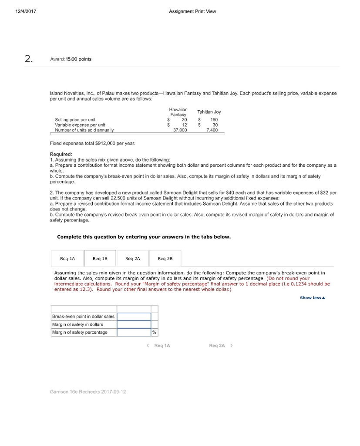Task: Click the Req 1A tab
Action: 67,258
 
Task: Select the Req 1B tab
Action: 100,258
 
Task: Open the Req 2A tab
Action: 132,258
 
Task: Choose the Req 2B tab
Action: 165,258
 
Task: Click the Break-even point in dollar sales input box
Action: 134,317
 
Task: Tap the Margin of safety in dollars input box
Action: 134,324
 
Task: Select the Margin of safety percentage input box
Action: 134,332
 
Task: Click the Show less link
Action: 312,298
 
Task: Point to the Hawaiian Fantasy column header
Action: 178,111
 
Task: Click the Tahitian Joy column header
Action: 209,112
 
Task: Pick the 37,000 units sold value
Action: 180,130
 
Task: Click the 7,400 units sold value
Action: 212,130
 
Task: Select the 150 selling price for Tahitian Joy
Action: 214,119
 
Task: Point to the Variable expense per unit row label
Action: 80,125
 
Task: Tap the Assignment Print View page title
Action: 192,11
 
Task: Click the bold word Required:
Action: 61,154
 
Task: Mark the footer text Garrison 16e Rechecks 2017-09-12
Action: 88,392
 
